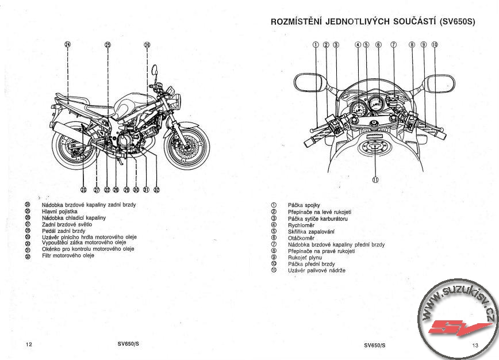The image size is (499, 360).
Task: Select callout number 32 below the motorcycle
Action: [156, 189]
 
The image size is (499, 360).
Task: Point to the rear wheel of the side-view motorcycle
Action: [73, 147]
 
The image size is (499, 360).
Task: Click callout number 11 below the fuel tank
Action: [375, 179]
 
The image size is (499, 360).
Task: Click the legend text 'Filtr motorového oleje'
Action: [68, 255]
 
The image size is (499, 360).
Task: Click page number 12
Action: [29, 344]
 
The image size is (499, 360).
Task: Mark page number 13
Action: [475, 345]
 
